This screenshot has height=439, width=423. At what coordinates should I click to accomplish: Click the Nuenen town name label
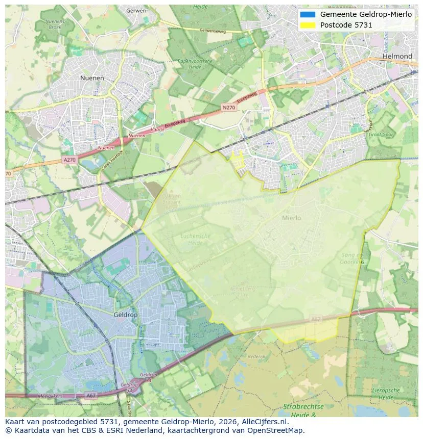[x=92, y=78]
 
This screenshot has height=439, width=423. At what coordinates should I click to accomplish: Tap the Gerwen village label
[x=136, y=10]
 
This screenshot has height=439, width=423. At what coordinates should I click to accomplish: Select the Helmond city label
[x=397, y=56]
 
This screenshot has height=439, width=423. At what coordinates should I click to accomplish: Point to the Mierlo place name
[x=291, y=218]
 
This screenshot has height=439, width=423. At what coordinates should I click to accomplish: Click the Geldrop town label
[x=126, y=315]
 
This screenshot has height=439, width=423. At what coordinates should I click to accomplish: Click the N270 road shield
[x=228, y=108]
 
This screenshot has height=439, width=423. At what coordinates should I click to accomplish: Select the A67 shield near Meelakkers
[x=91, y=395]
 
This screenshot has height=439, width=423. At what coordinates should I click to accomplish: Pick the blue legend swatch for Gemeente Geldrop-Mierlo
[x=308, y=14]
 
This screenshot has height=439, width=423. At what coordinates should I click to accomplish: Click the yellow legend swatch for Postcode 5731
[x=308, y=25]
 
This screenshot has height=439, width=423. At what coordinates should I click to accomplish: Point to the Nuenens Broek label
[x=55, y=24]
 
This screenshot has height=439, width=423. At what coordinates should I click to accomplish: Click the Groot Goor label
[x=381, y=135]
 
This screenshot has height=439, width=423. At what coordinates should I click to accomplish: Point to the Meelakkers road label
[x=50, y=396]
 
